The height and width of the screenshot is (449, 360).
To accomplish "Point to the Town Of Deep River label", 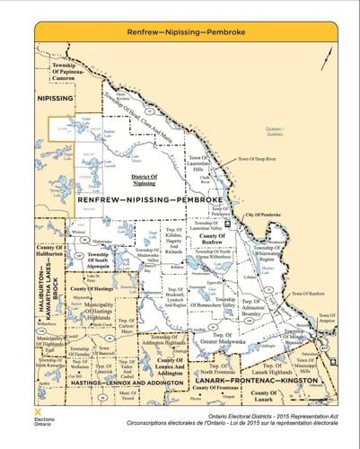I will [255, 159].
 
